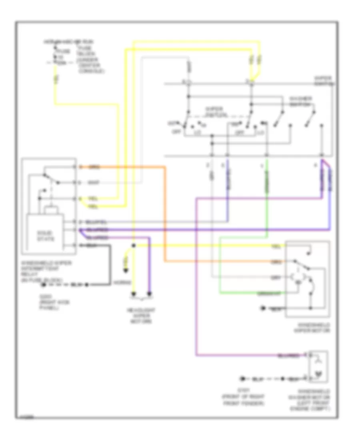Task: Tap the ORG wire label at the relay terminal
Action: point(92,167)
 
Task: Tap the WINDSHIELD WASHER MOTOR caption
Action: point(316,400)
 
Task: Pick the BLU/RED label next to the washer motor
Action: point(288,355)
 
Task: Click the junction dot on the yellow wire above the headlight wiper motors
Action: point(134,245)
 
